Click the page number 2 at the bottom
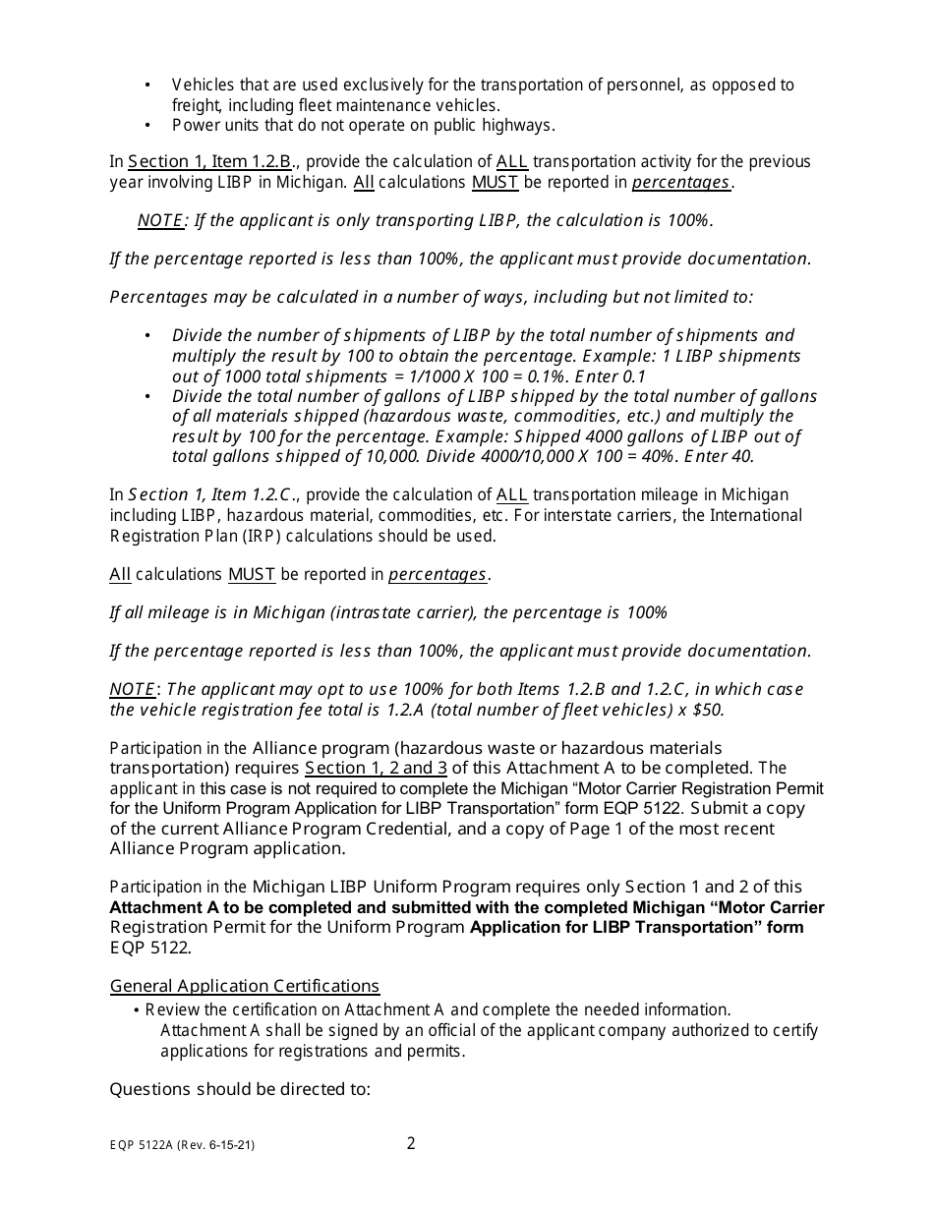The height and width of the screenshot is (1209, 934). pyautogui.click(x=411, y=1143)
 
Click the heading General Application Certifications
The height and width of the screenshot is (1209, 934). pyautogui.click(x=244, y=986)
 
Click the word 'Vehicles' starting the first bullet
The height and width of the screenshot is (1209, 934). pyautogui.click(x=203, y=85)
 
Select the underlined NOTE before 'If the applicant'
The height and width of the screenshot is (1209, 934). pyautogui.click(x=159, y=221)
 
